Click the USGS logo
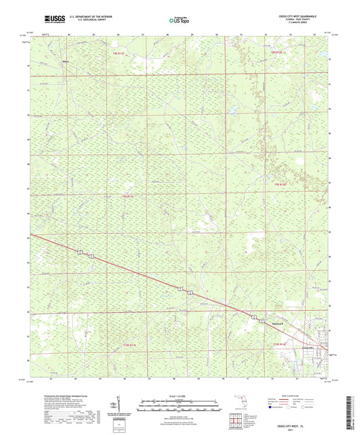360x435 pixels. point(53,21)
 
